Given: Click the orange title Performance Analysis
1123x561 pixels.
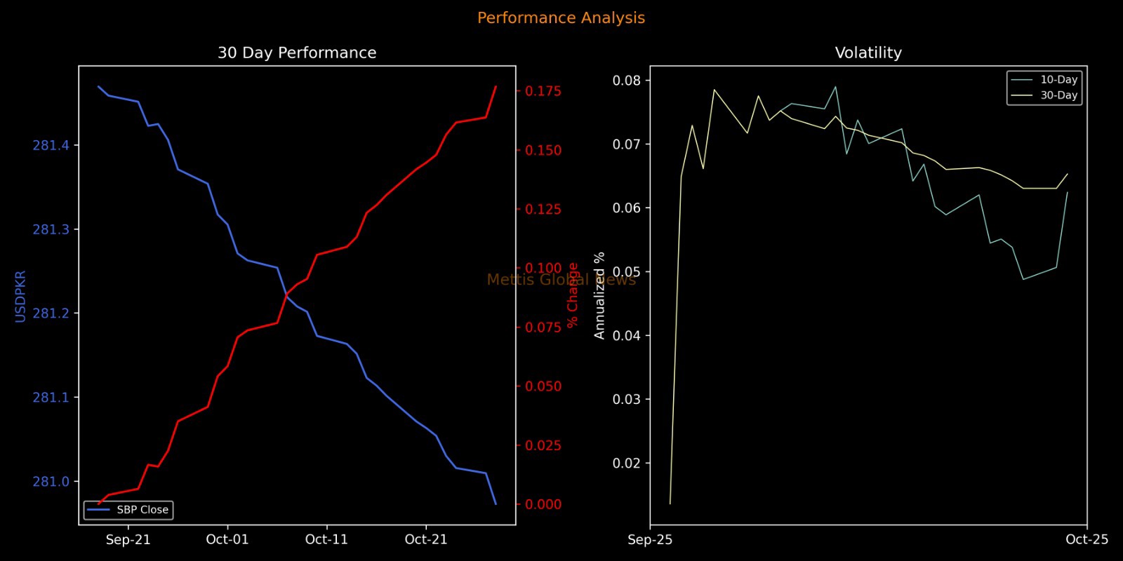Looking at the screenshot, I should click(x=561, y=18).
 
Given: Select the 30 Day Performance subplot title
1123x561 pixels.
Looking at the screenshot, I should click(x=297, y=53).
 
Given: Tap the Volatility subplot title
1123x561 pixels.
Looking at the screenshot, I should click(x=868, y=53).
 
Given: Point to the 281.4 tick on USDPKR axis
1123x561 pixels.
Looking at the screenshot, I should click(x=51, y=146).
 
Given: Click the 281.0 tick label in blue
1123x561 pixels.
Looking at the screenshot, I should click(x=51, y=482).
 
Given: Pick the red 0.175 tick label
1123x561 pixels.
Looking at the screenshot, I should click(x=543, y=91).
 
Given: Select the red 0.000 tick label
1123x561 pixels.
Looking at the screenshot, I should click(x=543, y=504).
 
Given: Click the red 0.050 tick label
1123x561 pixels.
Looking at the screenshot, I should click(x=543, y=386).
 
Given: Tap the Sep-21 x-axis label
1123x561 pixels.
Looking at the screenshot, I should click(x=128, y=540).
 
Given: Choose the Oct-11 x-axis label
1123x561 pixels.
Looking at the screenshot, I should click(x=326, y=540).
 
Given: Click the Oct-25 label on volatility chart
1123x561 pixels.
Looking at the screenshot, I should click(x=1087, y=540).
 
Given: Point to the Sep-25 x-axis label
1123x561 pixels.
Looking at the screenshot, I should click(x=650, y=540).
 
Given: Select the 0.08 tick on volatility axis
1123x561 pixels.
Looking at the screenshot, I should click(x=627, y=81).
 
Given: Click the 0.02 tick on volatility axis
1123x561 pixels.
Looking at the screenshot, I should click(x=627, y=464).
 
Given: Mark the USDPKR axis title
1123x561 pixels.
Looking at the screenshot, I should click(x=20, y=296).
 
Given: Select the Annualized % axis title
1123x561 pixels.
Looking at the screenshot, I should click(x=599, y=296).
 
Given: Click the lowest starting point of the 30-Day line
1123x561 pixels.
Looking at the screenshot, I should click(x=670, y=503).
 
